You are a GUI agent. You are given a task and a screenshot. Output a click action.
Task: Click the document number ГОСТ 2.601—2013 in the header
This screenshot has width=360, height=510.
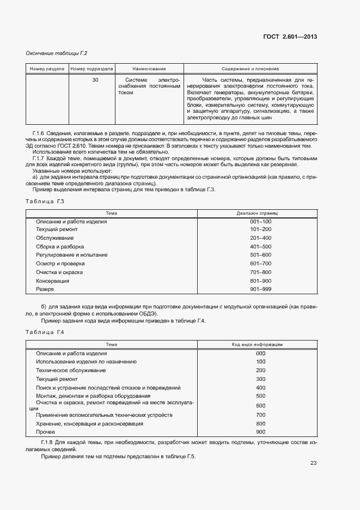pos(290,37)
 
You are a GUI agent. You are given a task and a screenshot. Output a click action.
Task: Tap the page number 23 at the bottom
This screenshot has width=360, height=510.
pos(313,463)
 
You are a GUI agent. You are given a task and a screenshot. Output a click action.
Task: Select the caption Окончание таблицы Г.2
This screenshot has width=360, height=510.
pos(57,53)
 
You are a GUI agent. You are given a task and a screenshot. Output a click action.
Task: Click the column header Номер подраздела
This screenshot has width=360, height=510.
pos(92,69)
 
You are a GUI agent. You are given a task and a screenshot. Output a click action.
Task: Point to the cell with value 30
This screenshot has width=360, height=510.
pos(95,80)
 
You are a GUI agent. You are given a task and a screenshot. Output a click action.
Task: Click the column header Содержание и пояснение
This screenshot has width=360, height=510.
pos(250,69)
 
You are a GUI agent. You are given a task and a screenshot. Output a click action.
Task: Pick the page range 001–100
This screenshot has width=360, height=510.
pos(260,222)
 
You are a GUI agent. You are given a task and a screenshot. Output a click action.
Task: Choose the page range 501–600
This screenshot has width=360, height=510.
pos(260,255)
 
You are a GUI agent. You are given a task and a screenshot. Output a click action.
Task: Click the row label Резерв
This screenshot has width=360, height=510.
pos(45,288)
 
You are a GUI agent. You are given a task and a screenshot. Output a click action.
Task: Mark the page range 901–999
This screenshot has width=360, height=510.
pos(260,288)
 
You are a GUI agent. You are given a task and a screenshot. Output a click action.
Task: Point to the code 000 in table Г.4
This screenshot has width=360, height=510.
pos(260,353)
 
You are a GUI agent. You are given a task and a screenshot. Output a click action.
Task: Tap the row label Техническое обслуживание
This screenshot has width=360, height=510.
pos(71,370)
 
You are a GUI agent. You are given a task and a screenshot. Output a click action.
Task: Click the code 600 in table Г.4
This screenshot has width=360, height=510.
pos(260,406)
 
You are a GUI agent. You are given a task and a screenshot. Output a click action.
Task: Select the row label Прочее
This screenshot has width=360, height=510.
pos(46,432)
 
